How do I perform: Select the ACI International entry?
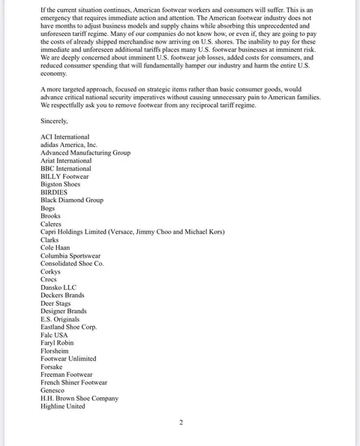[64, 137]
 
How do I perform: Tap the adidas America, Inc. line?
[70, 145]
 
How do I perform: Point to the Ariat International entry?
[66, 161]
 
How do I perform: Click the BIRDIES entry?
[55, 192]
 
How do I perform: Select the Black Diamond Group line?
[72, 200]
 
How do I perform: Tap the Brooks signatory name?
[51, 216]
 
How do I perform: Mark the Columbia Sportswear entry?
[72, 256]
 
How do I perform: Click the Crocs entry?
[49, 279]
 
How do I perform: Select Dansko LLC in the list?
[58, 288]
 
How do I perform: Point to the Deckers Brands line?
[62, 295]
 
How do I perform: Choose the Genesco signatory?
[52, 390]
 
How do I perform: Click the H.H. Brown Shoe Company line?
[79, 399]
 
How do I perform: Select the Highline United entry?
[63, 406]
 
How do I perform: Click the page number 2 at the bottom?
[181, 423]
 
